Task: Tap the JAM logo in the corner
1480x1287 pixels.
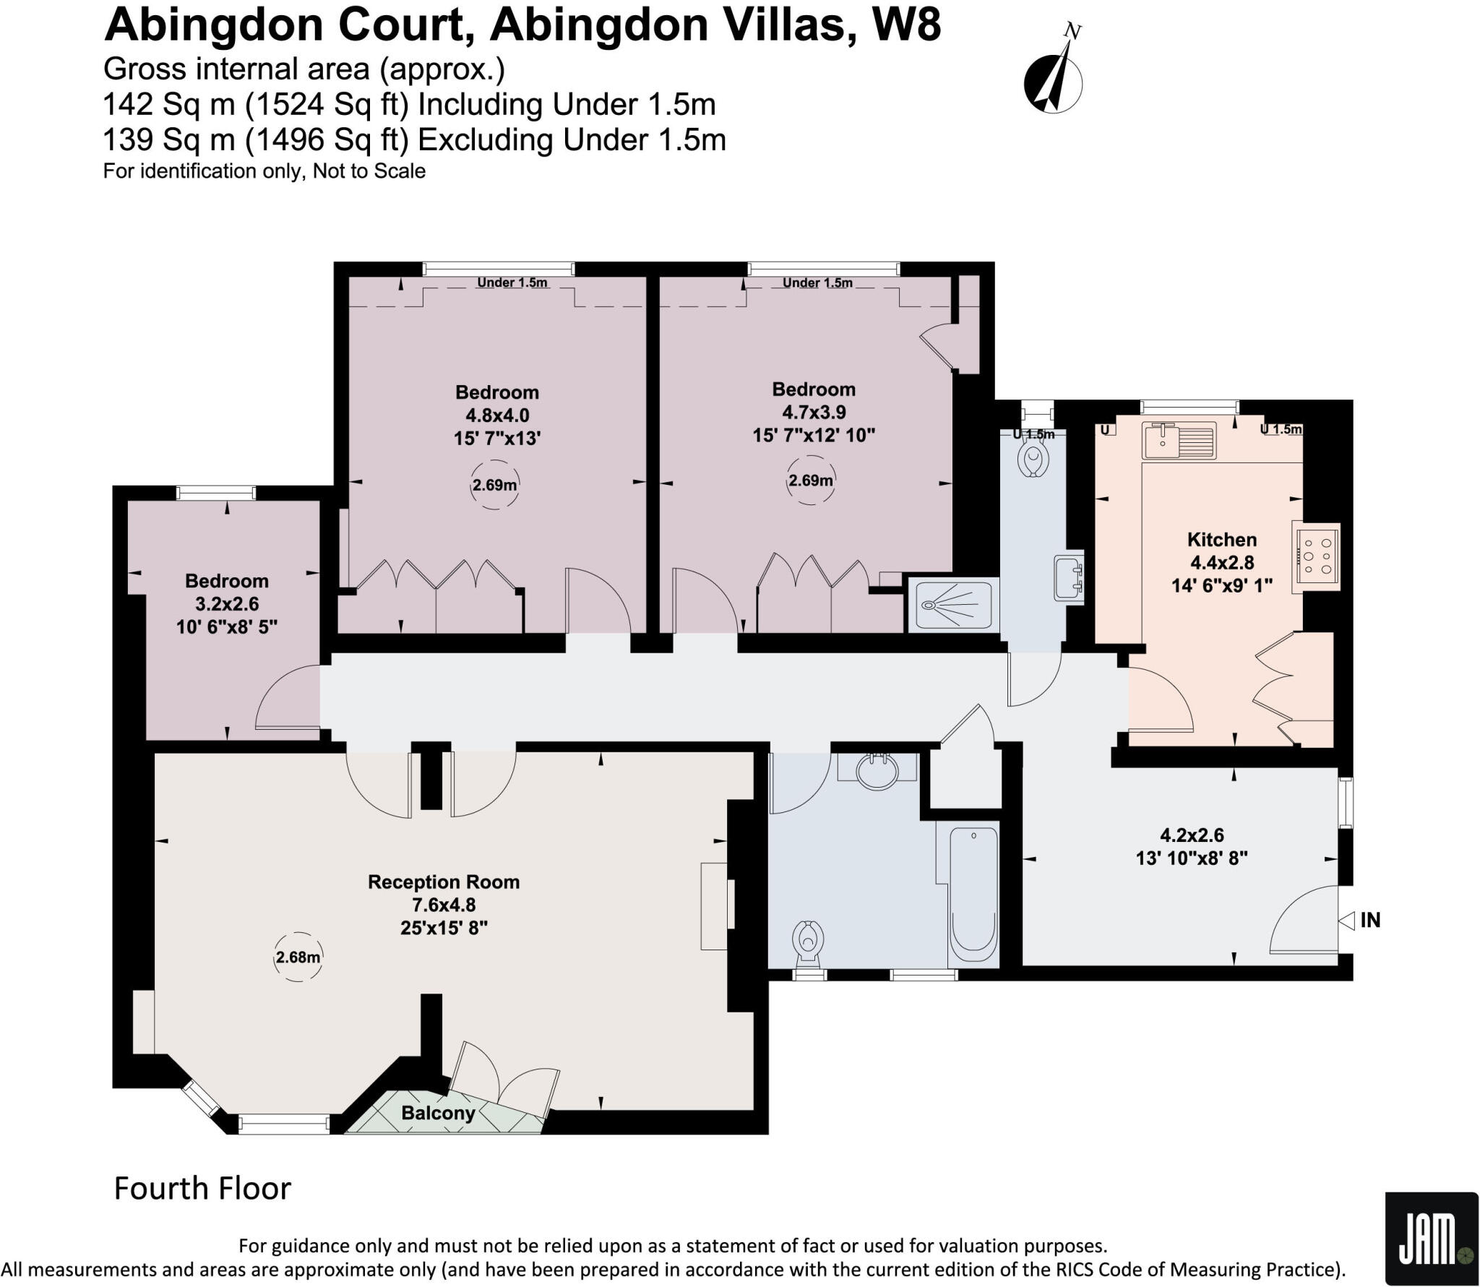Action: (1432, 1237)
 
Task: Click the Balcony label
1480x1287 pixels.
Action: (438, 1113)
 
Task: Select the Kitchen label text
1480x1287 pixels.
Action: (1222, 539)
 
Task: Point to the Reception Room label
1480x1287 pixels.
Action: (444, 882)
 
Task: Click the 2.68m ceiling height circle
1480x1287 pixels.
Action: (298, 957)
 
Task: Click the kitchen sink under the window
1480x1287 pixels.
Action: (1179, 441)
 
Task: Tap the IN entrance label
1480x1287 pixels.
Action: (1370, 920)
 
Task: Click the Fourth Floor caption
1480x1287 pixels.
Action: (202, 1188)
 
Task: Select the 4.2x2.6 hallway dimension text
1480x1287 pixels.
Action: (1192, 835)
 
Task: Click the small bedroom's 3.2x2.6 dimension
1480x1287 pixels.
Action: (227, 604)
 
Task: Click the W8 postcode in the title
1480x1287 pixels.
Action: (906, 25)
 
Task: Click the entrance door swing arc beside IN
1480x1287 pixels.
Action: (1300, 918)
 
